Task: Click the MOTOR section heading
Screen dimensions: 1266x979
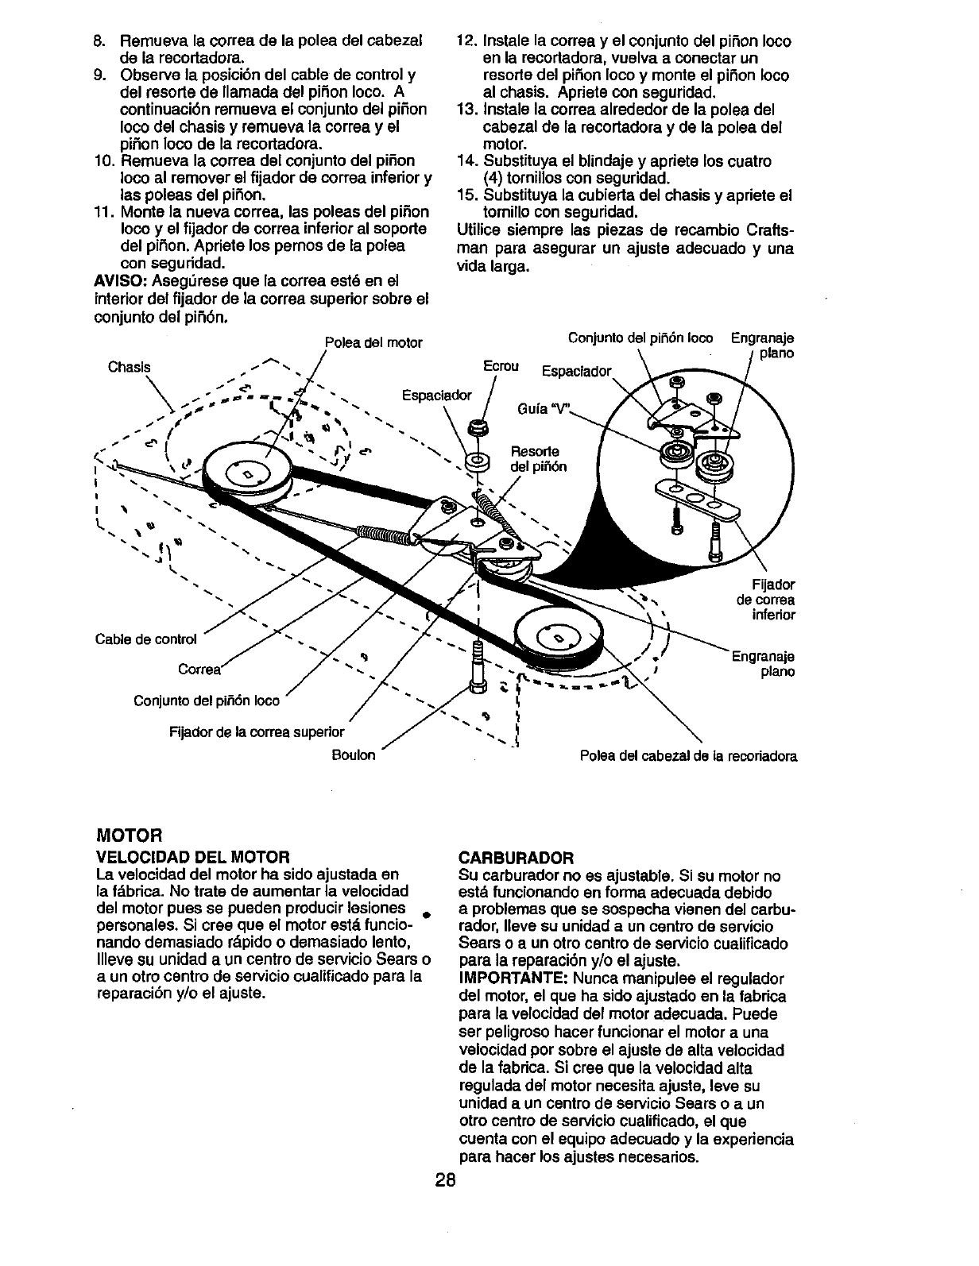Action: (x=128, y=836)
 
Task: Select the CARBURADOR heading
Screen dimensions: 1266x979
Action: (x=517, y=858)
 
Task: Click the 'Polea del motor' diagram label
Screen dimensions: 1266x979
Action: (x=373, y=343)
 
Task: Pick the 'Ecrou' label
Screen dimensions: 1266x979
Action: (x=501, y=366)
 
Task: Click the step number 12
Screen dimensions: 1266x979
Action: (x=466, y=41)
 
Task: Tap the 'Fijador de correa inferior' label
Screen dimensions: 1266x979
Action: (x=768, y=600)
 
